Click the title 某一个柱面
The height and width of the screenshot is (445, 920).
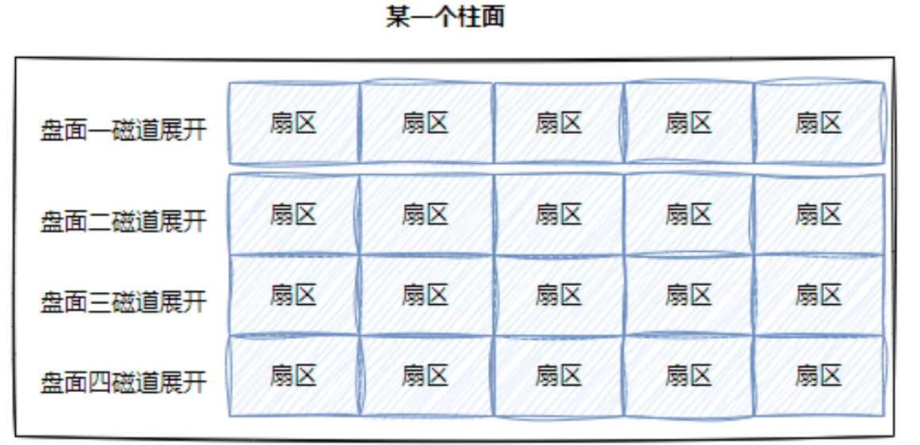[445, 17]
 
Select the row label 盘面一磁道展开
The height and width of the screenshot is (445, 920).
[123, 130]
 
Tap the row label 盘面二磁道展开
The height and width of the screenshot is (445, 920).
[123, 222]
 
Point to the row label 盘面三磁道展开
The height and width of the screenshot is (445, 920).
[123, 302]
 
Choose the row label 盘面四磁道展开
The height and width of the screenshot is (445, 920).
[123, 382]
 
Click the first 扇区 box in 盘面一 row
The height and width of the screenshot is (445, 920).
[294, 123]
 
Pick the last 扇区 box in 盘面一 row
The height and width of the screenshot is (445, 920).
[819, 123]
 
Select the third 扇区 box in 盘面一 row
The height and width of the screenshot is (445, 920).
[559, 123]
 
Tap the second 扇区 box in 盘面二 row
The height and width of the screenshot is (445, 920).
[426, 215]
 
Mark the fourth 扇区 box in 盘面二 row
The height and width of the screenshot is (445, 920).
[689, 215]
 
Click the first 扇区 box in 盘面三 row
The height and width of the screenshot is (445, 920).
[294, 295]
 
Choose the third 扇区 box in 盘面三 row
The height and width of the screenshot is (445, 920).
[559, 295]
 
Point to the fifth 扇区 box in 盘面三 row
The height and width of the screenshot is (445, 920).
[819, 295]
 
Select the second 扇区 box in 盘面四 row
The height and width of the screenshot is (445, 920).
[426, 376]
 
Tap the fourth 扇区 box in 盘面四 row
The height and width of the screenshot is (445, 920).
[689, 376]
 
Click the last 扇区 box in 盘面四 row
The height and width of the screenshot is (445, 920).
[819, 376]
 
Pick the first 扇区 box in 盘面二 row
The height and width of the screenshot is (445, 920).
[294, 215]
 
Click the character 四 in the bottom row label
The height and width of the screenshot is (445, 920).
[99, 382]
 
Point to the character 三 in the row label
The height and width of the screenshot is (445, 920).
[99, 302]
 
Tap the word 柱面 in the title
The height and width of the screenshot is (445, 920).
[480, 17]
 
